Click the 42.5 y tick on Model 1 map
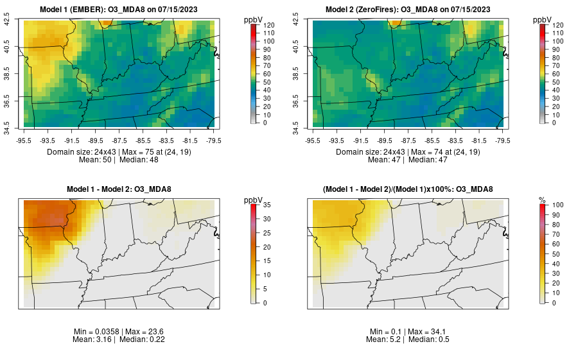click(8, 21)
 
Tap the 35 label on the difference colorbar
click(267, 205)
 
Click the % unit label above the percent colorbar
click(542, 200)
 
